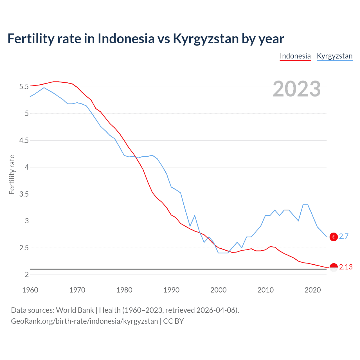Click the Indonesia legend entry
coord(295,56)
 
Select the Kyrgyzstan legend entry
coord(334,56)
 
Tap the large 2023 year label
coord(296,89)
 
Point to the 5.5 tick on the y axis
coord(24,87)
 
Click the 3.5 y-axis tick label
coord(24,194)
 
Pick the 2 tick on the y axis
coord(27,274)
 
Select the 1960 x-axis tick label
coord(30,290)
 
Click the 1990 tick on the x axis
coord(171,290)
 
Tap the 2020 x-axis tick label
coord(312,290)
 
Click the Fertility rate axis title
coord(12,174)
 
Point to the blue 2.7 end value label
coord(344,237)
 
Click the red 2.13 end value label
coord(346,267)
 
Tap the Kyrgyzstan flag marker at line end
coord(334,237)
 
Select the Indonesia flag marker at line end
coord(334,267)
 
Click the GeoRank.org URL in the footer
coord(84,321)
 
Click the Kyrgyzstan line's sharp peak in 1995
coord(195,215)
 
